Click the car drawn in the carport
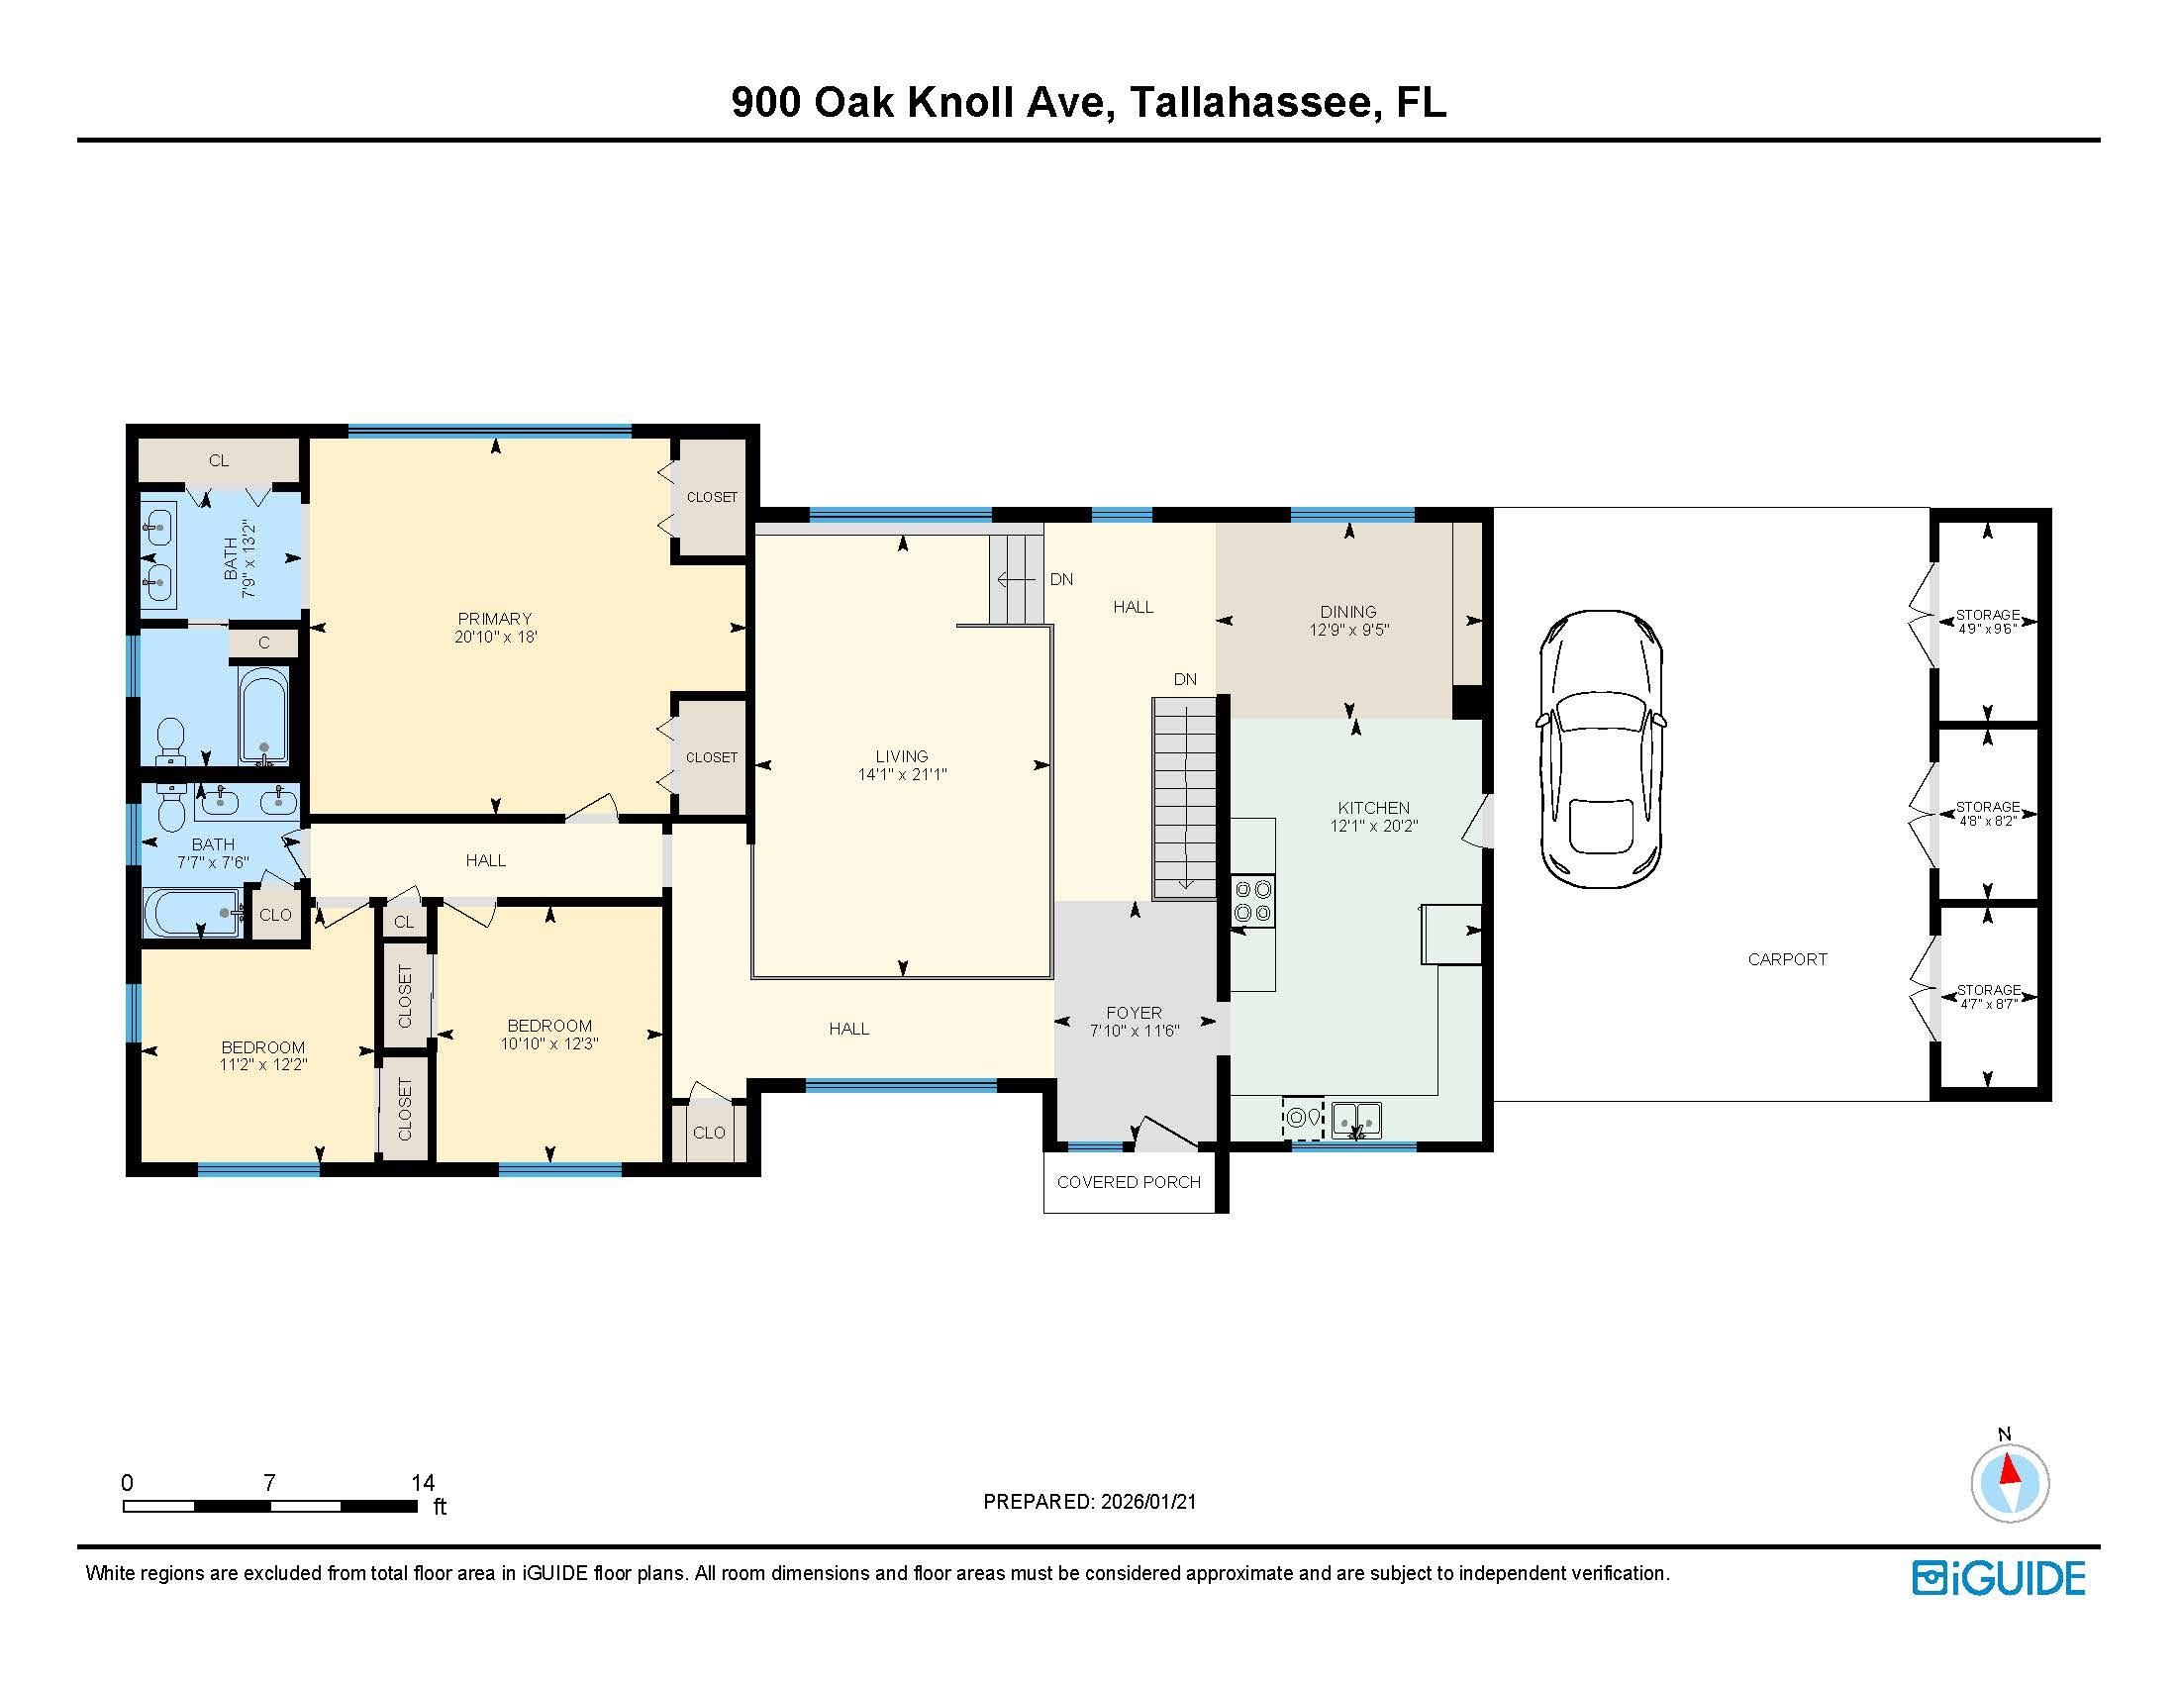[x=1601, y=748]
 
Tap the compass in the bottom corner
[x=2010, y=1483]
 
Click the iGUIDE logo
[x=2000, y=1578]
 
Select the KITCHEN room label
[x=1373, y=808]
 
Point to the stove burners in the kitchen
[x=1252, y=899]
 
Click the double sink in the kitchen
[x=1356, y=1121]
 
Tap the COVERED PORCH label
[x=1129, y=1182]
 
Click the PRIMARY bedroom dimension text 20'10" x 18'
[x=496, y=637]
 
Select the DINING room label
[x=1348, y=611]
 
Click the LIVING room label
[x=902, y=755]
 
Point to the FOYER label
[x=1134, y=1013]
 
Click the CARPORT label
[x=1787, y=959]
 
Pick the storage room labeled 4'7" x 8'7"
[x=1987, y=997]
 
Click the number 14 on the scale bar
[x=423, y=1483]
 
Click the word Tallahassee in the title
[x=1250, y=103]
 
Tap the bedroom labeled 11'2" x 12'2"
[x=257, y=1055]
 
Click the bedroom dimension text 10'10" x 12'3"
[x=549, y=1043]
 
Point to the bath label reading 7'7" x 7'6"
[x=213, y=862]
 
